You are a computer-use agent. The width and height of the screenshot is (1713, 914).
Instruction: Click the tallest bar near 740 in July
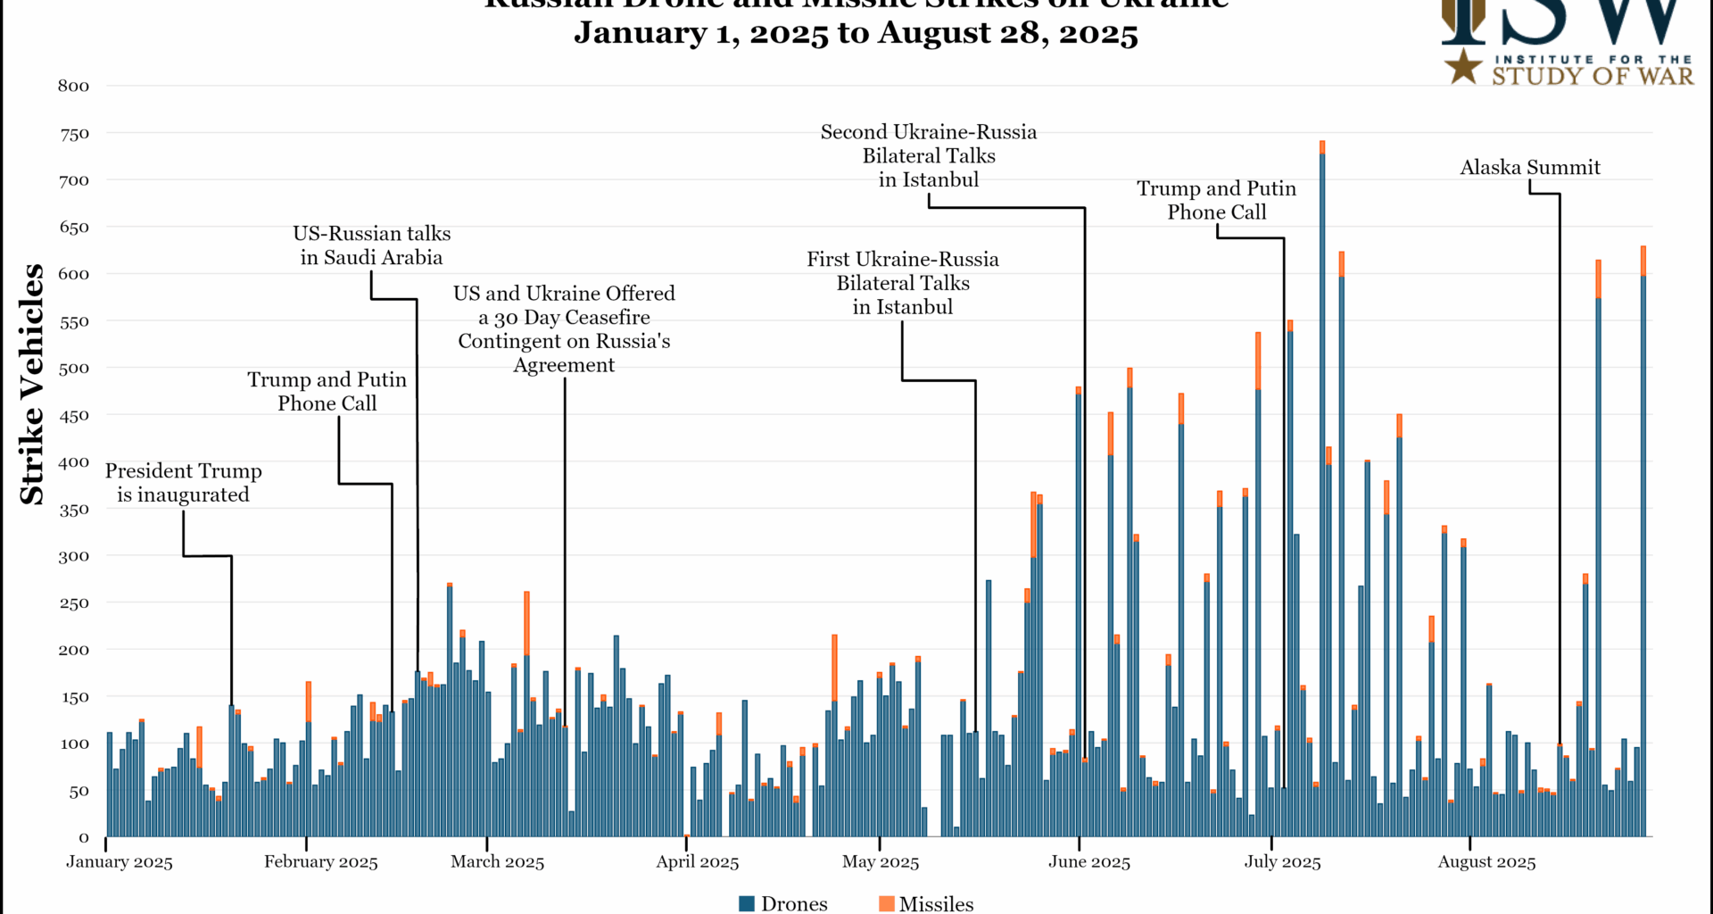click(x=1322, y=491)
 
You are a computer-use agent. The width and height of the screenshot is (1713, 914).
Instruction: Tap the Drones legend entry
click(x=783, y=903)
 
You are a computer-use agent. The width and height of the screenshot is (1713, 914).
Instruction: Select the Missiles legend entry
click(x=926, y=903)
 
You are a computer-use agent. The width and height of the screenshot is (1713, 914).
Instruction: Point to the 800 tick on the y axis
click(x=74, y=86)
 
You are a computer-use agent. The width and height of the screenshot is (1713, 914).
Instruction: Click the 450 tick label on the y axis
click(x=74, y=415)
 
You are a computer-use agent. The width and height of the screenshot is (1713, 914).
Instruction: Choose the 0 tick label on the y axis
click(x=84, y=837)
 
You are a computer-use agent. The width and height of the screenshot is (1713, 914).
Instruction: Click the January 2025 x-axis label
click(x=120, y=862)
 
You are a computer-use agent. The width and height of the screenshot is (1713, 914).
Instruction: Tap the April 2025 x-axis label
click(x=698, y=862)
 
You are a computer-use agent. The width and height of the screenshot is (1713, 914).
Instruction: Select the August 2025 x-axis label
click(x=1486, y=862)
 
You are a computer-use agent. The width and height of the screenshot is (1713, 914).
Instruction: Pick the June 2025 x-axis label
click(x=1088, y=862)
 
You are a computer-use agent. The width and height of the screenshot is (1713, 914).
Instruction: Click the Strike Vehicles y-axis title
click(x=32, y=384)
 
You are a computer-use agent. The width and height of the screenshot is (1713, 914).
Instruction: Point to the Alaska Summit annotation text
click(x=1529, y=167)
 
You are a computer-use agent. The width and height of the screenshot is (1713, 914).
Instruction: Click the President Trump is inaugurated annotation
click(x=184, y=482)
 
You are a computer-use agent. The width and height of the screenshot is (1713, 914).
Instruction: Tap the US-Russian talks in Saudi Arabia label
click(x=371, y=245)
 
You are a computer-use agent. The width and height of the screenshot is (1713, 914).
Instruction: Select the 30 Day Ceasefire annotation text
click(x=564, y=328)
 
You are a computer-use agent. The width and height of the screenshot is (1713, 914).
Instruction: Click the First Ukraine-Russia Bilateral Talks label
click(x=903, y=282)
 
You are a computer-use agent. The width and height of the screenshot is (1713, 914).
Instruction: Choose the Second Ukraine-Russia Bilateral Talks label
click(x=929, y=155)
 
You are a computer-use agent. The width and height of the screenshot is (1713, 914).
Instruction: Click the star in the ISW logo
click(x=1463, y=66)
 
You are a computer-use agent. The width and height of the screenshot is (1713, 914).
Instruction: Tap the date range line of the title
click(x=856, y=33)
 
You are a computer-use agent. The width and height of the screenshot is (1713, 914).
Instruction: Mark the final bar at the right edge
click(x=1643, y=553)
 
